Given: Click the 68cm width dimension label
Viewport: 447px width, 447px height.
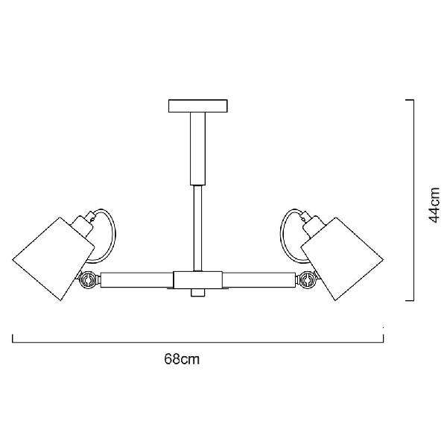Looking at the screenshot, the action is click(182, 359).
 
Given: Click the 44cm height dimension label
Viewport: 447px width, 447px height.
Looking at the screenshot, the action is click(434, 205).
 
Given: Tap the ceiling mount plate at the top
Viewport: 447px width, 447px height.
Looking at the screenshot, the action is click(198, 106).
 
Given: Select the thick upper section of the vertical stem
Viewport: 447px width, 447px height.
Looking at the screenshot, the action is click(198, 148).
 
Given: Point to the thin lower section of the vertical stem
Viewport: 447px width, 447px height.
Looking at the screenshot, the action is click(198, 228).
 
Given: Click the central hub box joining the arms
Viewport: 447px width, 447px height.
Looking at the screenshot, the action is click(198, 279).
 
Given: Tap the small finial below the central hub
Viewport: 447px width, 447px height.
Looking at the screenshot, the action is click(198, 293).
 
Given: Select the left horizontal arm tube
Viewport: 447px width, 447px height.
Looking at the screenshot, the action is click(137, 280).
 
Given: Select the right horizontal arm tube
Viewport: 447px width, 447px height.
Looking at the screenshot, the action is click(259, 280).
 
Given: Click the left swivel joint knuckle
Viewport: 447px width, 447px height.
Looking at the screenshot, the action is click(87, 280).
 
